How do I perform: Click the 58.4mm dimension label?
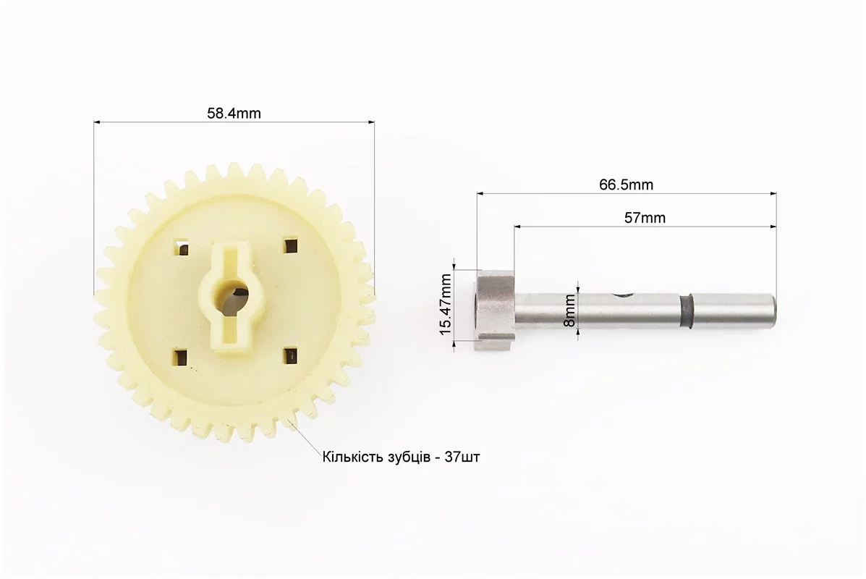click(234, 113)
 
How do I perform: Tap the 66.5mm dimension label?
click(627, 185)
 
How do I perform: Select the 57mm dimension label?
click(645, 218)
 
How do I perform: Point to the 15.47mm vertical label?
click(446, 305)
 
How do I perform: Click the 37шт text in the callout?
click(463, 457)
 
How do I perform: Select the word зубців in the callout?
click(406, 458)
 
